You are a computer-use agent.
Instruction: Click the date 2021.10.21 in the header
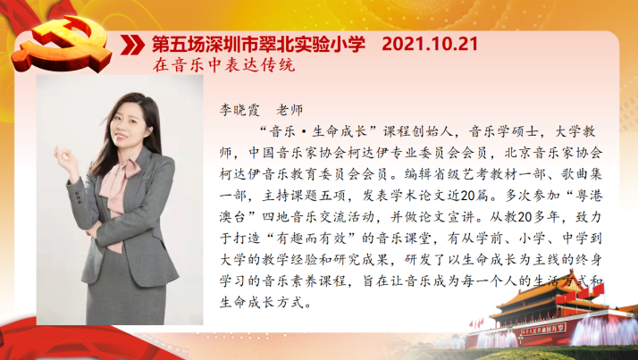430,44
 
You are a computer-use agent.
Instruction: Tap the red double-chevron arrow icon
132,45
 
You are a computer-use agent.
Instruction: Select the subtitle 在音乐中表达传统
223,65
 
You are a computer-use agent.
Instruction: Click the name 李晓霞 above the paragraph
239,110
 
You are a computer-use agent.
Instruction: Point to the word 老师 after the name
290,110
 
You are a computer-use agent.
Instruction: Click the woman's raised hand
66,159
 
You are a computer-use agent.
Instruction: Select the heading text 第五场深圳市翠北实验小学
259,45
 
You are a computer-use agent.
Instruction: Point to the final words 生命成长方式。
266,303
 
